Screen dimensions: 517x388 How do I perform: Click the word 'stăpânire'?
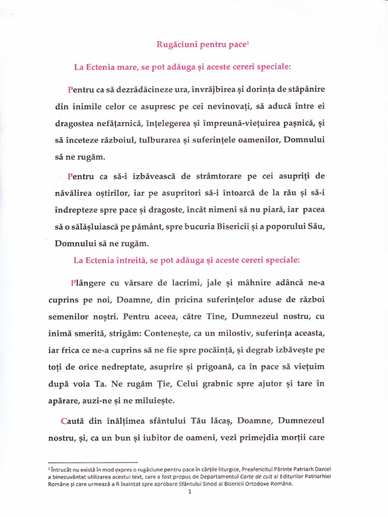pos(303,89)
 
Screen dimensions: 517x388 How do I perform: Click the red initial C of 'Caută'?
pos(64,420)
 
